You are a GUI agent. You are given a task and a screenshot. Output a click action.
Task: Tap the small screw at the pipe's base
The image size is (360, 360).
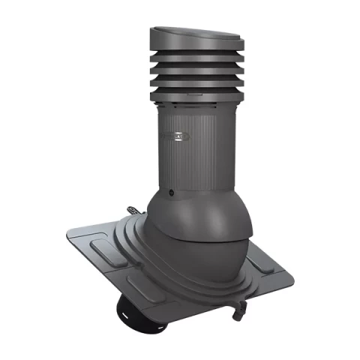(x=172, y=193)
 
